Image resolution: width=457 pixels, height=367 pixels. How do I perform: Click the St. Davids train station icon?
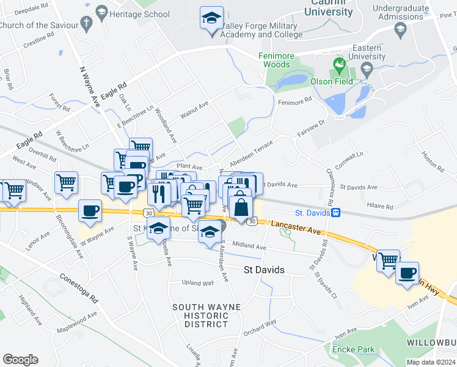click(x=335, y=213)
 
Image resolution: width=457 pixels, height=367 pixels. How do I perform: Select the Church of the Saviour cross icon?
click(x=86, y=25)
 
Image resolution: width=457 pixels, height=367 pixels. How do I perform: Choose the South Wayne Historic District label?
click(x=200, y=315)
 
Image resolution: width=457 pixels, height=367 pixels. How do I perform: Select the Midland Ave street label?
click(x=249, y=247)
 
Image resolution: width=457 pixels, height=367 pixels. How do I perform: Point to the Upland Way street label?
click(x=198, y=283)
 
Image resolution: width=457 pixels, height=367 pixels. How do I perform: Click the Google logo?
click(x=20, y=360)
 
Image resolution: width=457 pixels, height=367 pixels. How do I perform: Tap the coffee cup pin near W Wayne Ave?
click(x=90, y=211)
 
